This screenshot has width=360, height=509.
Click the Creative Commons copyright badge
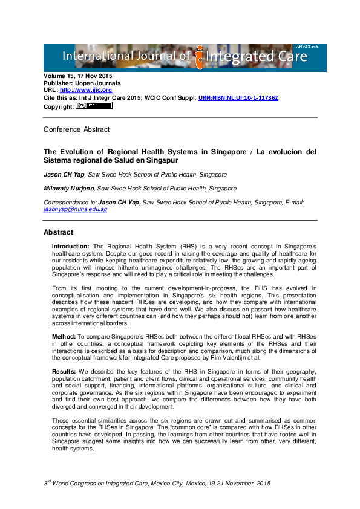pyautogui.click(x=94, y=105)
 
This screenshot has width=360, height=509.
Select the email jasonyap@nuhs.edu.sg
pyautogui.click(x=75, y=209)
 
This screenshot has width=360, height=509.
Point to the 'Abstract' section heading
pyautogui.click(x=58, y=232)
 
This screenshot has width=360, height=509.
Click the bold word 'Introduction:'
pyautogui.click(x=70, y=247)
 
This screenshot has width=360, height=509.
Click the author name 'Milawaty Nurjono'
pyautogui.click(x=68, y=189)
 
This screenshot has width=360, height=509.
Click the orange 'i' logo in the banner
pyautogui.click(x=199, y=57)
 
